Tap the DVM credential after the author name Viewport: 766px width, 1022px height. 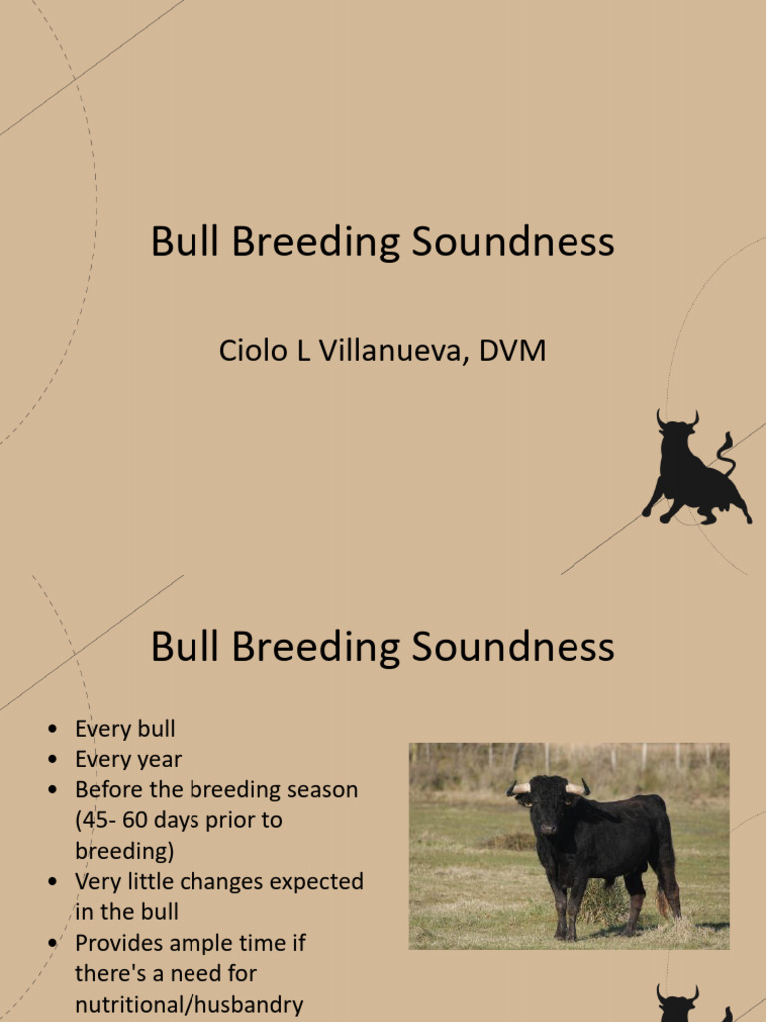511,351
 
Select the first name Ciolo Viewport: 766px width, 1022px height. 251,351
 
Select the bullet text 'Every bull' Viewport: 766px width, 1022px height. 125,729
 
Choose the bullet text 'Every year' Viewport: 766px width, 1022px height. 128,759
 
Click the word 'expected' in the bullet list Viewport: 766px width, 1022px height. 316,881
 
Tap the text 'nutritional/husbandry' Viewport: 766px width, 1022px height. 189,1004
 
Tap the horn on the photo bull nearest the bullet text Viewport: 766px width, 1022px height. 519,788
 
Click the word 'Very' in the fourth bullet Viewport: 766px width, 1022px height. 96,881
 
